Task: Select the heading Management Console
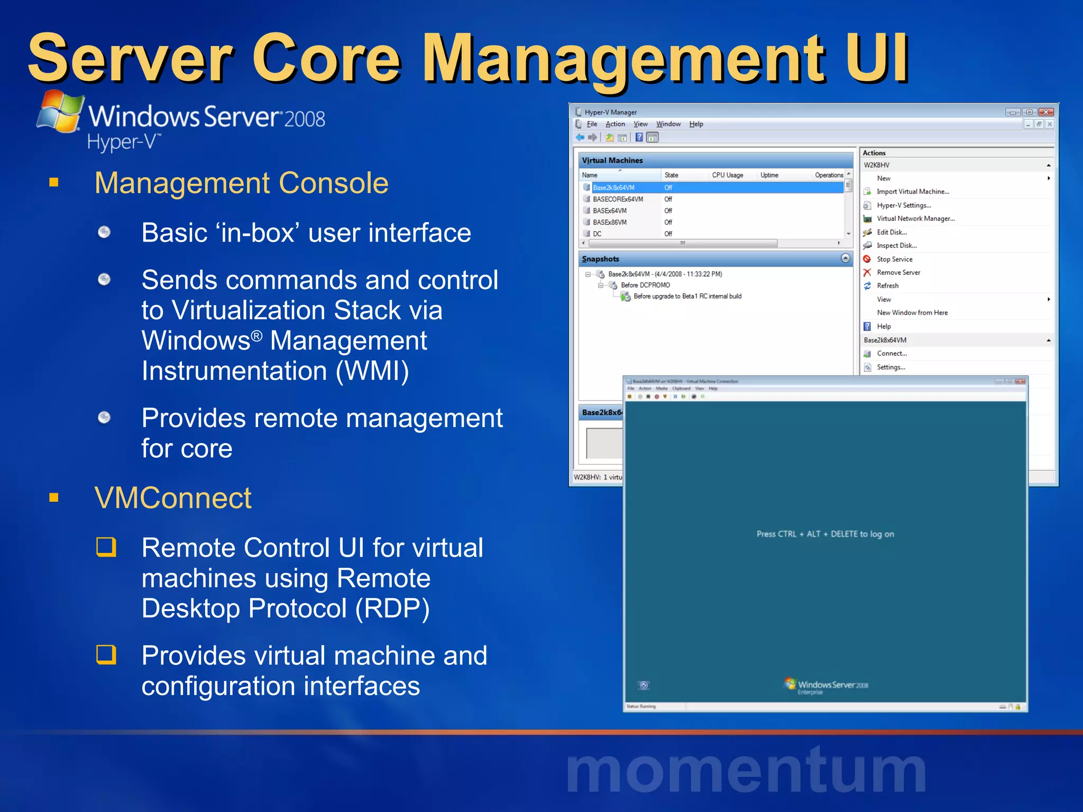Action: point(241,183)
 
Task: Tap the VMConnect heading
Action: point(173,498)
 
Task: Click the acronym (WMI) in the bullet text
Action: point(372,371)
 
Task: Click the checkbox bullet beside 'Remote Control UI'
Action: point(106,547)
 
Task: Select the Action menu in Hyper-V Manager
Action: point(615,124)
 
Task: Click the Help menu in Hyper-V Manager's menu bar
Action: point(696,124)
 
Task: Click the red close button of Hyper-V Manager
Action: point(1045,112)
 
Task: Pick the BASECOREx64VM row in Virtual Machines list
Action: point(618,199)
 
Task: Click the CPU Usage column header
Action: point(727,175)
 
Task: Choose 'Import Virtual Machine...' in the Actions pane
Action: point(913,192)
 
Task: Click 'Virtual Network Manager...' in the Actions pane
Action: point(915,219)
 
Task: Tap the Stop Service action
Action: point(894,259)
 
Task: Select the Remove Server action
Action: point(898,272)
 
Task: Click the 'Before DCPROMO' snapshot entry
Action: point(645,285)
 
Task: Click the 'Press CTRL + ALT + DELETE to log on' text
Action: point(825,534)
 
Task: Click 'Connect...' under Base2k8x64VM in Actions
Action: point(892,354)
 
